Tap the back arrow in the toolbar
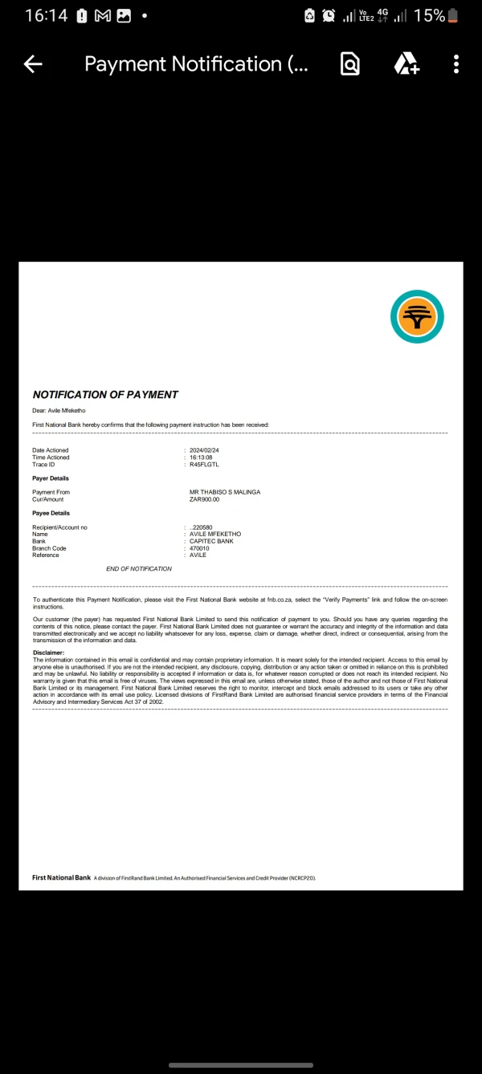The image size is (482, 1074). (x=33, y=64)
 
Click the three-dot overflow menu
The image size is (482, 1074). (x=455, y=64)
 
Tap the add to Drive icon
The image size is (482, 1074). (x=406, y=64)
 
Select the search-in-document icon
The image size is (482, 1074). (x=350, y=64)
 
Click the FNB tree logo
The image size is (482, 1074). (x=417, y=316)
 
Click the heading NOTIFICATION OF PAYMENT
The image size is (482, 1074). (x=105, y=395)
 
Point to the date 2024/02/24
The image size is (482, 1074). (x=204, y=450)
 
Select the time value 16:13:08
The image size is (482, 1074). (x=201, y=458)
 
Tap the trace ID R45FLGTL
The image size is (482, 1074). (x=203, y=465)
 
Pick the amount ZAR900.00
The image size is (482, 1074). (x=203, y=499)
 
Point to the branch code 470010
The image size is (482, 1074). (x=199, y=548)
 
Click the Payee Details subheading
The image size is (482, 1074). (x=51, y=513)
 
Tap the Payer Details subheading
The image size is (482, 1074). (x=51, y=478)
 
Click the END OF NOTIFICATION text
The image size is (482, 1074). (x=139, y=569)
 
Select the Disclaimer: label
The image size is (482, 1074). (x=48, y=653)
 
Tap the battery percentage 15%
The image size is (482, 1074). (x=429, y=15)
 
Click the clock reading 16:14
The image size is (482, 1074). (x=46, y=15)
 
